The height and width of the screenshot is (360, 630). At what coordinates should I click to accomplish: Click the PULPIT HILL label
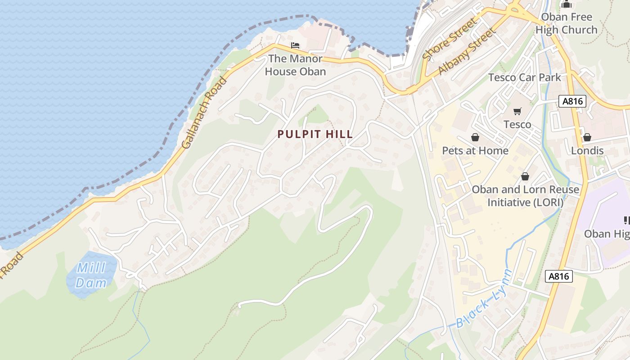(x=315, y=134)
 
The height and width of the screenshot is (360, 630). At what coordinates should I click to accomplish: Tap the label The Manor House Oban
(x=295, y=65)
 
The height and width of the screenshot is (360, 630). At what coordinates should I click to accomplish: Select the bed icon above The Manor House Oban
(x=295, y=45)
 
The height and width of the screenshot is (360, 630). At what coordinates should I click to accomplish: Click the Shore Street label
(x=449, y=39)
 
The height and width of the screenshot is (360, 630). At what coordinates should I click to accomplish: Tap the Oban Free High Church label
(x=566, y=23)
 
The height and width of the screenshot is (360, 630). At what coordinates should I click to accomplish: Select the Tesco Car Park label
(x=525, y=77)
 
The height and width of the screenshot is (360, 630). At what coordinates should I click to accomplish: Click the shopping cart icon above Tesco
(x=517, y=111)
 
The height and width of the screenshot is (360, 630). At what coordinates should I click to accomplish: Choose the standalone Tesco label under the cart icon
(x=517, y=124)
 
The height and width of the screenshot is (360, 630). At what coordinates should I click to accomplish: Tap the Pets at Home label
(x=475, y=150)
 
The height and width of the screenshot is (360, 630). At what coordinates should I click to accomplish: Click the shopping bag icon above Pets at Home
(x=475, y=137)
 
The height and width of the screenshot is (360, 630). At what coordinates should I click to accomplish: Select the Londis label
(x=587, y=150)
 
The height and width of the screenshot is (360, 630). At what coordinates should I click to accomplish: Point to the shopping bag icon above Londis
(x=587, y=137)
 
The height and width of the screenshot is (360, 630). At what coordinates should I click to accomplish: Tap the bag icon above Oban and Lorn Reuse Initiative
(x=525, y=176)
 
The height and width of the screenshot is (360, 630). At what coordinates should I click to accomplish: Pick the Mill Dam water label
(x=91, y=275)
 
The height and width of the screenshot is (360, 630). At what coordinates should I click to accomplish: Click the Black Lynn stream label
(x=484, y=299)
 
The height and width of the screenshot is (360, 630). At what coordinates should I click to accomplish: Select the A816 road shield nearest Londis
(x=573, y=101)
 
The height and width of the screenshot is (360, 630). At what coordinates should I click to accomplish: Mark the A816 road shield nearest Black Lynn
(x=559, y=276)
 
